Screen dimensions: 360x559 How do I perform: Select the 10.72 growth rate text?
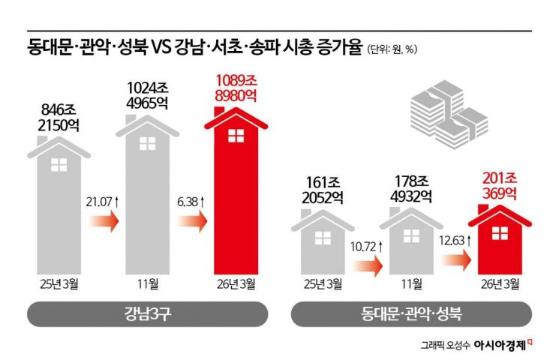367,246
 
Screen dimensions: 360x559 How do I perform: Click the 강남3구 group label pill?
148,313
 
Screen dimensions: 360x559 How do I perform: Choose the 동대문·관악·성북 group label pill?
412,313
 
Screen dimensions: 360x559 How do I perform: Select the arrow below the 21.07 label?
104,221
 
